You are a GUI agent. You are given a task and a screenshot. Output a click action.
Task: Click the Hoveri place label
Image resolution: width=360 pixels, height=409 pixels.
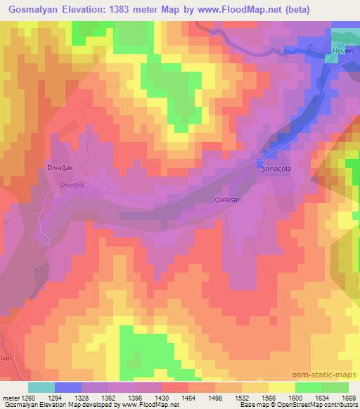click(345, 52)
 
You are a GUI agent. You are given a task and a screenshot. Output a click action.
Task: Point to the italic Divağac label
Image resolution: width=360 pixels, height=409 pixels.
click(72, 184)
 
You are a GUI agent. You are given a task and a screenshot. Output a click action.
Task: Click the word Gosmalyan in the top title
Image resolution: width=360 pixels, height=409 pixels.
click(39, 9)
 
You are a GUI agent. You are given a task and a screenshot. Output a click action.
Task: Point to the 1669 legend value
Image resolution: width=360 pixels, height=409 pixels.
click(348, 397)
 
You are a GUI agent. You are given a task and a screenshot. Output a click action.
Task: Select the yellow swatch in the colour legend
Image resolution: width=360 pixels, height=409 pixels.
click(282, 387)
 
